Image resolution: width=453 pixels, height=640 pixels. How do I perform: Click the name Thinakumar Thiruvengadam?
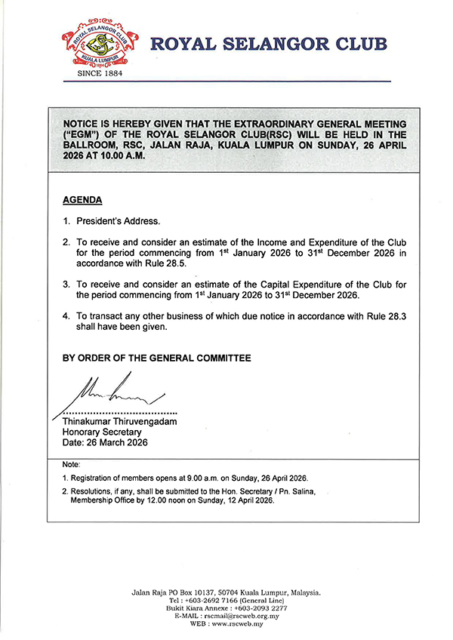(x=119, y=422)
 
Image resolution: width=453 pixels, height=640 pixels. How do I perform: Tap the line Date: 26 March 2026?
(x=105, y=443)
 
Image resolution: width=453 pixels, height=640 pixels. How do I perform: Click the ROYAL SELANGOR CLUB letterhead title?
(x=270, y=44)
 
